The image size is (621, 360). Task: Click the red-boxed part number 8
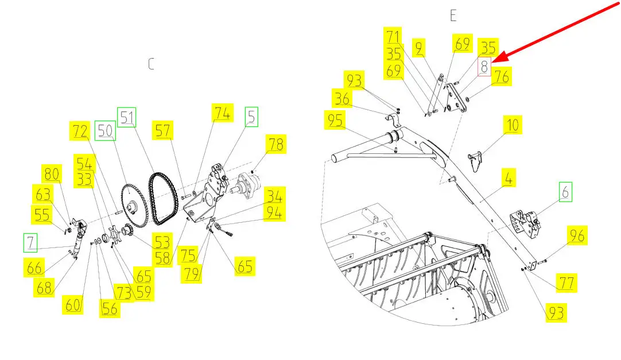pyautogui.click(x=484, y=67)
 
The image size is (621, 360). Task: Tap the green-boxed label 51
pyautogui.click(x=127, y=117)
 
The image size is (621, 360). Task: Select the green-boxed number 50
pyautogui.click(x=105, y=130)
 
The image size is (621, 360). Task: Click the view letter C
pyautogui.click(x=151, y=64)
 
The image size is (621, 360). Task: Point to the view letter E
pyautogui.click(x=453, y=16)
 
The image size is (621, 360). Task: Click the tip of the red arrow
pyautogui.click(x=492, y=62)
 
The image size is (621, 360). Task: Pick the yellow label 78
pyautogui.click(x=276, y=144)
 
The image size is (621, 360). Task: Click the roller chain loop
pyautogui.click(x=163, y=199)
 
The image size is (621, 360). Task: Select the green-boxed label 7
pyautogui.click(x=30, y=242)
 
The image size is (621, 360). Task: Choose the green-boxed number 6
pyautogui.click(x=565, y=192)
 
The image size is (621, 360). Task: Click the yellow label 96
pyautogui.click(x=577, y=235)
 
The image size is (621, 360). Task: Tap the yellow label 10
pyautogui.click(x=513, y=125)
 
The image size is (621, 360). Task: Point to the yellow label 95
pyautogui.click(x=335, y=120)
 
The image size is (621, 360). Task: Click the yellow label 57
pyautogui.click(x=162, y=130)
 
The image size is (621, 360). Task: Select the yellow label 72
pyautogui.click(x=80, y=131)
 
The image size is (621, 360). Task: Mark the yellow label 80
pyautogui.click(x=52, y=173)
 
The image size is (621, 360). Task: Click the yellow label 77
pyautogui.click(x=566, y=282)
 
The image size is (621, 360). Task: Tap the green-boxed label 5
pyautogui.click(x=251, y=117)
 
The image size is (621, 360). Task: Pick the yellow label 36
pyautogui.click(x=342, y=98)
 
